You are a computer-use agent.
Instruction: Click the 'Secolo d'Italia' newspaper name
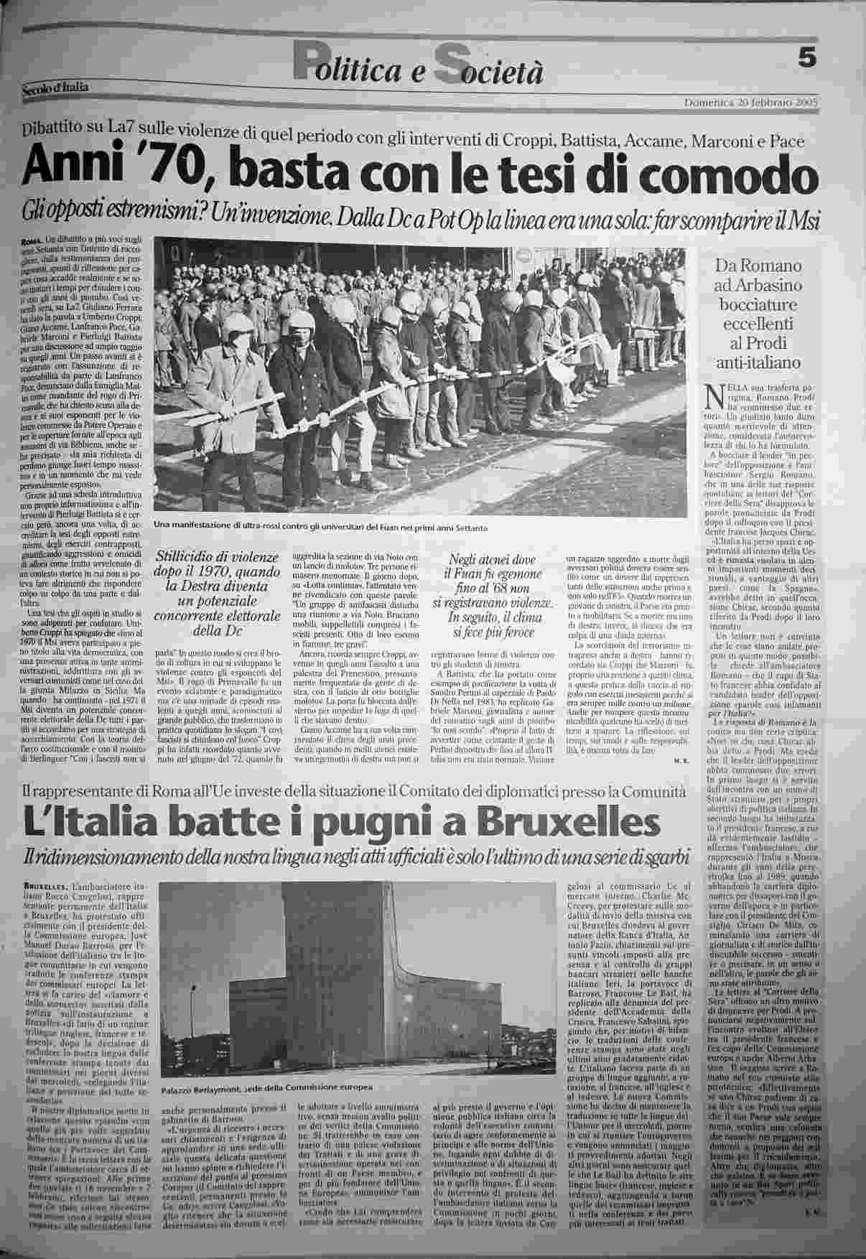56,88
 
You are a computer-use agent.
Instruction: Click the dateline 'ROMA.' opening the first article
32,238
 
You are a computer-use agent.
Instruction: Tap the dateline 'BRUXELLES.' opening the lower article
45,888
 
